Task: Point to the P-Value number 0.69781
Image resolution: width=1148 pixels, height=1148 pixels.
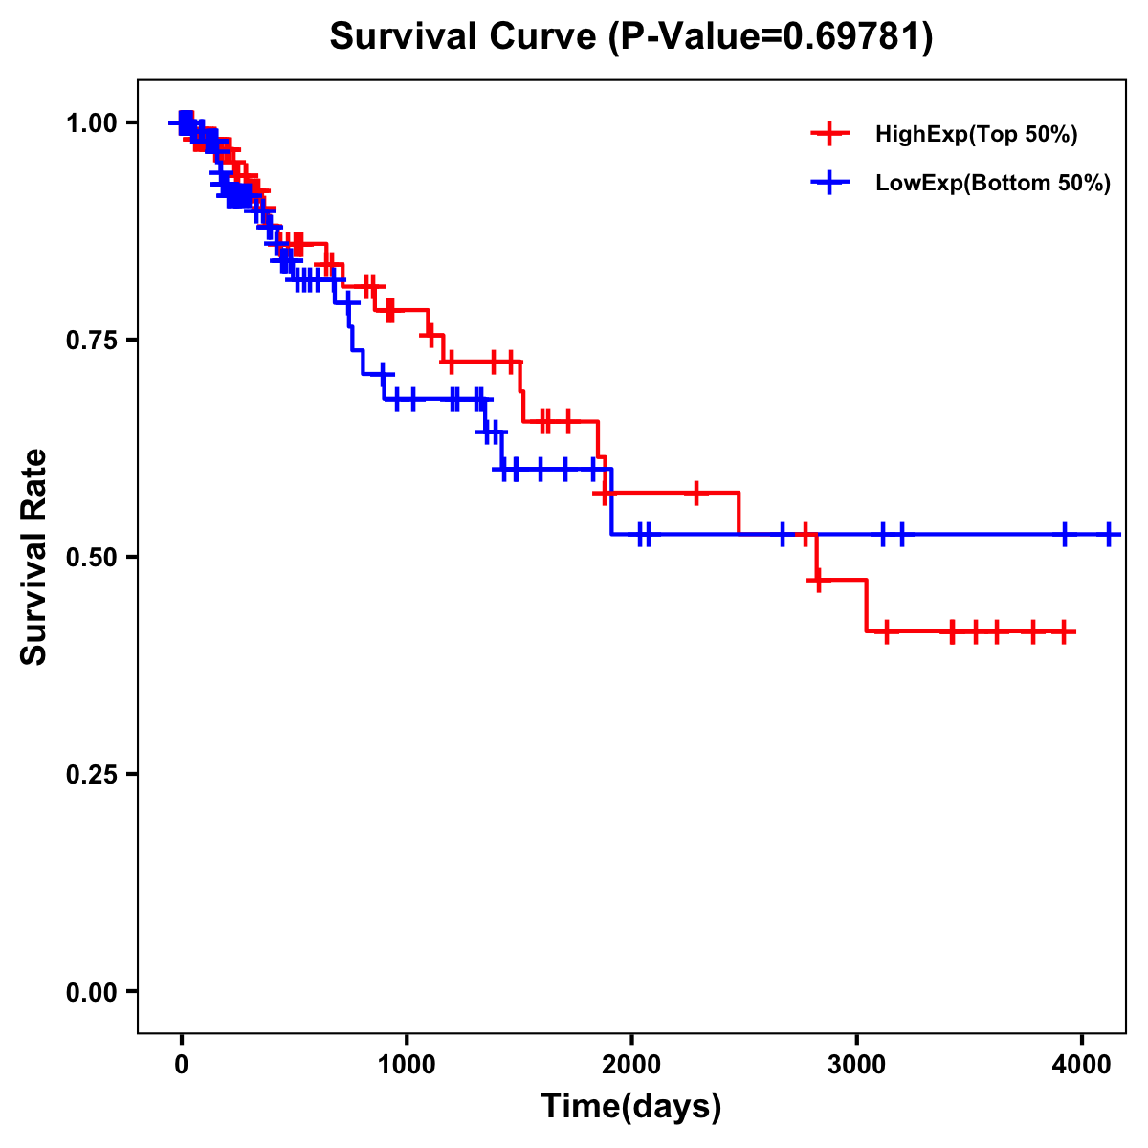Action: point(852,37)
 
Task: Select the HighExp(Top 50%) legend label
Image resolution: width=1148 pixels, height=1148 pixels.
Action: point(976,135)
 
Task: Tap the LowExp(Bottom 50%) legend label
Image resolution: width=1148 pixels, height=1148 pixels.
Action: point(993,184)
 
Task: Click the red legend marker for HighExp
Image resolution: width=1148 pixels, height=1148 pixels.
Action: point(829,134)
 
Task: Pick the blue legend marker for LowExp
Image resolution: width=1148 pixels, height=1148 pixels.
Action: point(829,183)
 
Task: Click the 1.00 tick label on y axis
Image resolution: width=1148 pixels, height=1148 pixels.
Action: point(91,122)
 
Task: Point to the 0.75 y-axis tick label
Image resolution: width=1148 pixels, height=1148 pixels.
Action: point(91,340)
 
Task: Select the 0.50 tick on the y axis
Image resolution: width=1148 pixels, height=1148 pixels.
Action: point(91,557)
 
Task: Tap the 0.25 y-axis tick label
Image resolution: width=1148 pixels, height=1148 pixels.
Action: point(91,774)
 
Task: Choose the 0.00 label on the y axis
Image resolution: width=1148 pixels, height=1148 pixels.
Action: point(91,991)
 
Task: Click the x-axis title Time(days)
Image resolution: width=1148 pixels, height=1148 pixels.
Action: point(631,1107)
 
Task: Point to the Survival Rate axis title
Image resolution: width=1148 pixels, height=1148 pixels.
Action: point(34,557)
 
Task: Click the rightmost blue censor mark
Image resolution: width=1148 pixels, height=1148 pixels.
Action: point(1108,535)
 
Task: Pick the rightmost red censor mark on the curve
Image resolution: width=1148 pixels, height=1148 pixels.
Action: point(1064,631)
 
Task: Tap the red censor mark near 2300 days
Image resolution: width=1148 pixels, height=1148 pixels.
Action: point(696,493)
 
